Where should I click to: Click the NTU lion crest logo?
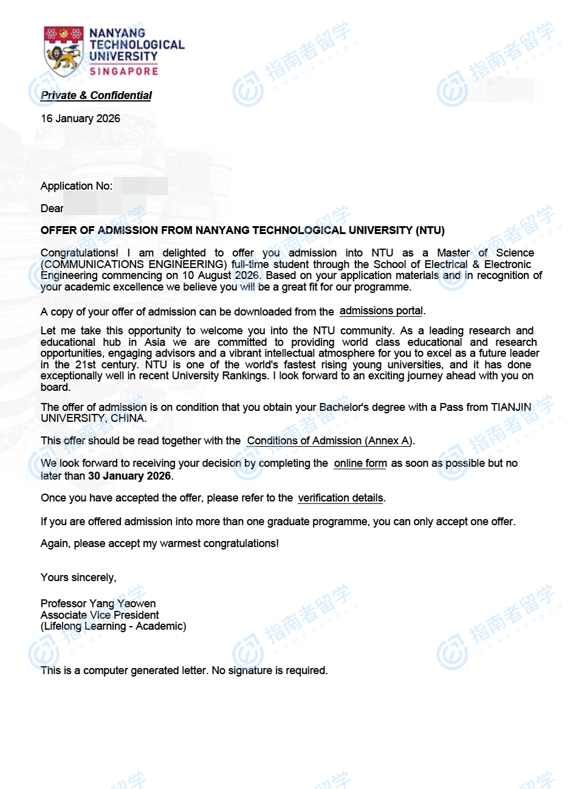point(63,51)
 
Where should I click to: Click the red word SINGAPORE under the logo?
point(124,71)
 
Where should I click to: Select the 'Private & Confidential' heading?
point(96,95)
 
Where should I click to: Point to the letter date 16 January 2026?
point(80,119)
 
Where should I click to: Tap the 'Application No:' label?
point(77,186)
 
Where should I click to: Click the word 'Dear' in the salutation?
point(52,208)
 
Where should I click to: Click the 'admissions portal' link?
point(381,311)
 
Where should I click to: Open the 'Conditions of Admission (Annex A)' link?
point(329,441)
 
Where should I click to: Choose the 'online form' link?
point(360,463)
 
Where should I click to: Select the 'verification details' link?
point(340,498)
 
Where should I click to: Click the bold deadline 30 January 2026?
point(129,476)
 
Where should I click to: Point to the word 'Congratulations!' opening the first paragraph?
point(80,253)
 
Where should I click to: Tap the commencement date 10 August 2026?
point(221,275)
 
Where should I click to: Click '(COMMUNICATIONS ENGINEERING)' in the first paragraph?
point(134,264)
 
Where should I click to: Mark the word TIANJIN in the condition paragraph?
point(511,407)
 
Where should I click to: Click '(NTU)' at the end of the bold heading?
point(430,230)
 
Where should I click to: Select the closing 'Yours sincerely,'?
point(78,577)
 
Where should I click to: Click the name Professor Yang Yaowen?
point(98,604)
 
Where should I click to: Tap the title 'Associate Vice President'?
point(100,615)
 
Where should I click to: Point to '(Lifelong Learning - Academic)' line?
point(114,626)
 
